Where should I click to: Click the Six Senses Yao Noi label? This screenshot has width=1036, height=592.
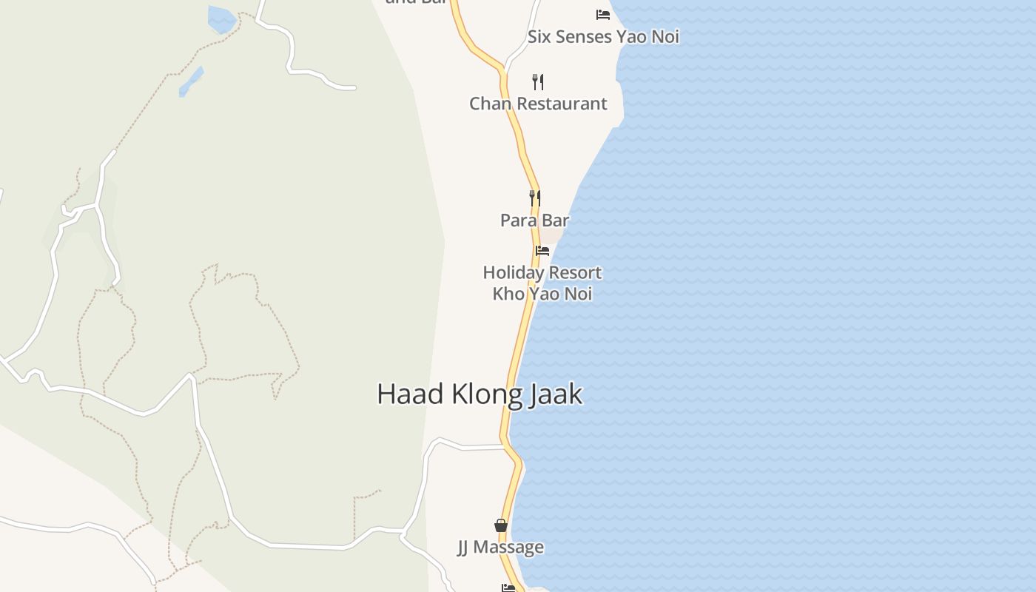(603, 37)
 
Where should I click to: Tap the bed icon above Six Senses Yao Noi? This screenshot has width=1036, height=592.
(603, 14)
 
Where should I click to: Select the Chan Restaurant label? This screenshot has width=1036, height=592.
(538, 104)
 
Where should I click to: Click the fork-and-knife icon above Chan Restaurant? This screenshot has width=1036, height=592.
(538, 81)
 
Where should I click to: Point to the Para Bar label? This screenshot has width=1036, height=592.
(534, 220)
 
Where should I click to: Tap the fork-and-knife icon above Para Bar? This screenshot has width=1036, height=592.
(535, 198)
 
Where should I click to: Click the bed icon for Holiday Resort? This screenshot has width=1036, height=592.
(542, 251)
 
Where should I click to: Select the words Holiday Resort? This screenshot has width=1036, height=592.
(542, 272)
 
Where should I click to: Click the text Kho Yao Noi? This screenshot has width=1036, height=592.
(542, 294)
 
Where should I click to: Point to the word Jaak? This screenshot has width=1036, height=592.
(556, 394)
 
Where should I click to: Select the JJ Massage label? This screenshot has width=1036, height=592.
(500, 548)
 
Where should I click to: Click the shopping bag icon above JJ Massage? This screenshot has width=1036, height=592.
(501, 525)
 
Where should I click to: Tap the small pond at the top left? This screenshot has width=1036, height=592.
(221, 18)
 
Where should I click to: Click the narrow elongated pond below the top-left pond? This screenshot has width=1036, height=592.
(191, 81)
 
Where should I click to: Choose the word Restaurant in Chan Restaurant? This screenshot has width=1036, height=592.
(562, 104)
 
